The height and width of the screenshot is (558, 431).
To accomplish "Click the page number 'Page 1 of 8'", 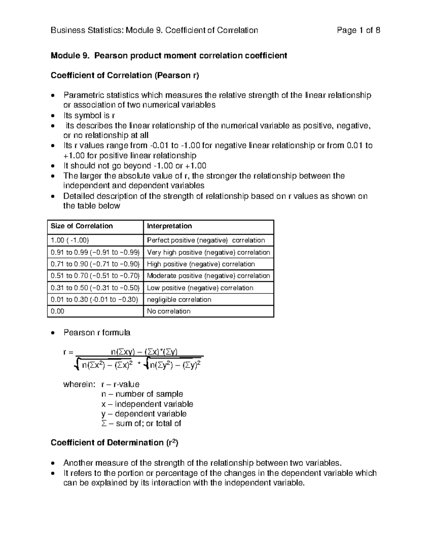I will click(358, 30).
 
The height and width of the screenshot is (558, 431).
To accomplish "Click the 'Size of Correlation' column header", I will click(82, 226).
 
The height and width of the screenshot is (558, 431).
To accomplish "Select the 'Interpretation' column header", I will click(169, 226).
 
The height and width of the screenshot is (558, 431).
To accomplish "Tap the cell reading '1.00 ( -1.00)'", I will click(70, 240).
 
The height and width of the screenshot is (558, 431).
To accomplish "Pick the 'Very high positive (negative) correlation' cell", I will click(208, 252).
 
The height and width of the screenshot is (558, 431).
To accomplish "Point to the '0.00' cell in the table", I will click(57, 312).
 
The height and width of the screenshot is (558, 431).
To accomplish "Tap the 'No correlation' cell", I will click(168, 312).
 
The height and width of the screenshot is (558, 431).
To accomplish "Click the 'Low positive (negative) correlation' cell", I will click(200, 288).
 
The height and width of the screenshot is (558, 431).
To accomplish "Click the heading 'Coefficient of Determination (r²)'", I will click(114, 443).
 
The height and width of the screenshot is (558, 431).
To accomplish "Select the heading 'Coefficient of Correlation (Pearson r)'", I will click(125, 75).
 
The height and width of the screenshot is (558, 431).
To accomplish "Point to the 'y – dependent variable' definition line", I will click(144, 414).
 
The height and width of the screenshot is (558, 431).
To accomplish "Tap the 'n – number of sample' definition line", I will click(142, 394).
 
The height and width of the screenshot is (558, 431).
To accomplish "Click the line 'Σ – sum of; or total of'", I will click(141, 424).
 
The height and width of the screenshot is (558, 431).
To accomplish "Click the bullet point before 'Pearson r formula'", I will click(53, 333).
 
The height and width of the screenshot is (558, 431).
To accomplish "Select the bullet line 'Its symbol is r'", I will click(89, 115).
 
